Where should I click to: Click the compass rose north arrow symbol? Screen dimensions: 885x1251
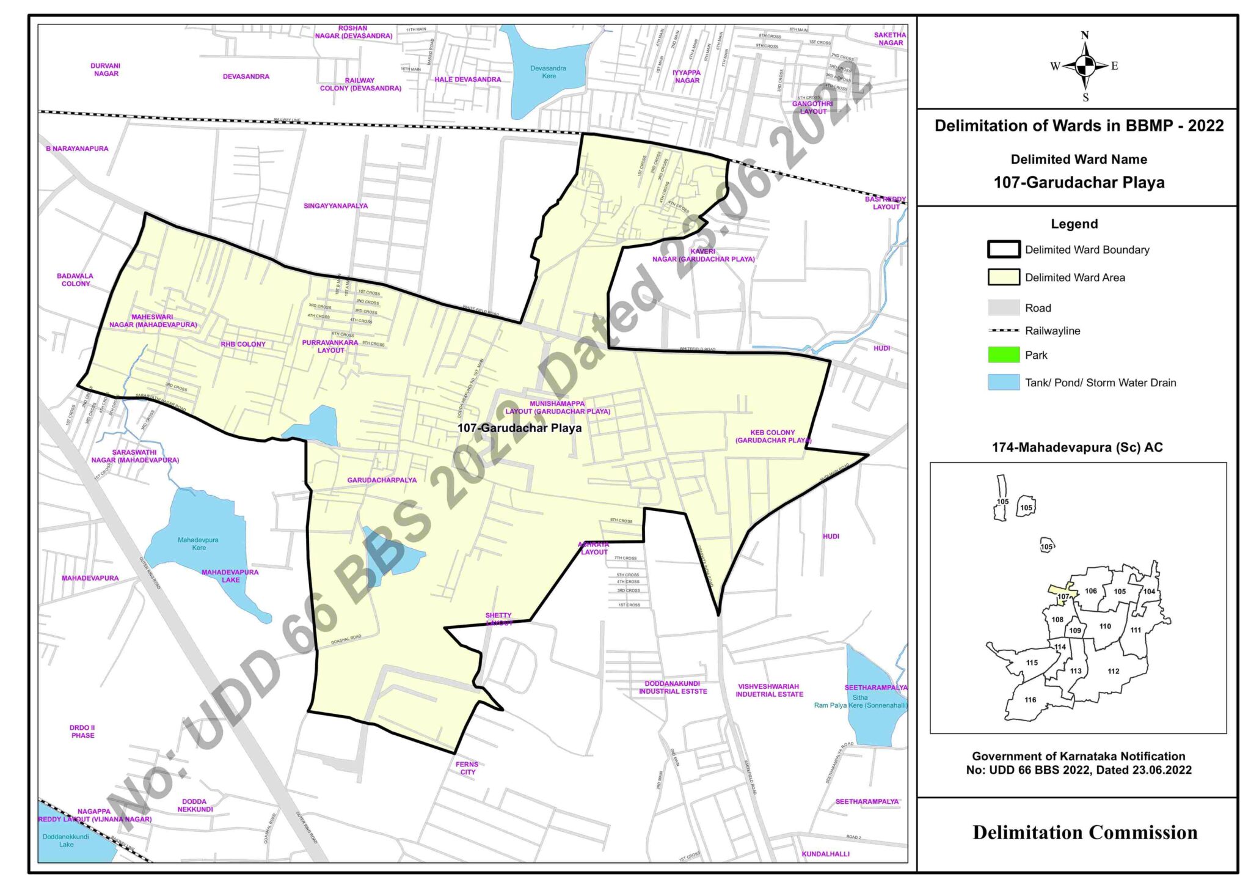click(1085, 65)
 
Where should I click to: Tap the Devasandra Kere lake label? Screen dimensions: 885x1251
click(548, 72)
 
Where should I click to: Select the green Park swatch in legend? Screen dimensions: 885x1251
click(1004, 355)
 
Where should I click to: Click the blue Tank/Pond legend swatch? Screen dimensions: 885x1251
click(1004, 383)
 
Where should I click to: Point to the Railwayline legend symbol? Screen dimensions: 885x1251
click(1004, 331)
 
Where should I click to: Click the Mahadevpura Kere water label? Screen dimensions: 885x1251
click(198, 544)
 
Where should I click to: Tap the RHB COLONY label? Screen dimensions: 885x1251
click(243, 344)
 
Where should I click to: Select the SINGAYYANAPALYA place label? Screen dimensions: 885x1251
click(335, 206)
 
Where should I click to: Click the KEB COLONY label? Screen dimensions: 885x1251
click(773, 436)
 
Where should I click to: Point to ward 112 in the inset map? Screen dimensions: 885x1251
click(1113, 671)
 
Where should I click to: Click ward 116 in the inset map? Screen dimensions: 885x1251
click(1030, 700)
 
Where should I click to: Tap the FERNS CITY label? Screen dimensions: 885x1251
click(467, 768)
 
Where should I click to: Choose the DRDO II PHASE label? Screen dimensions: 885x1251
click(82, 732)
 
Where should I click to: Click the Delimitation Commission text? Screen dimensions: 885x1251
click(1085, 832)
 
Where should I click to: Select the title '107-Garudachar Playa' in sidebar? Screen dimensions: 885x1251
click(1079, 183)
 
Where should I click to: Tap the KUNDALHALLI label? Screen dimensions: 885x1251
click(825, 854)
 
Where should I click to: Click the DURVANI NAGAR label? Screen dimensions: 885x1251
click(106, 70)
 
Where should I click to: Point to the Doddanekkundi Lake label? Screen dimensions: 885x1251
click(66, 840)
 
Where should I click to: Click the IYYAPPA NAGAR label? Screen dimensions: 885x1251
click(687, 76)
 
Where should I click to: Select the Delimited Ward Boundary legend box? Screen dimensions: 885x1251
click(1004, 249)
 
